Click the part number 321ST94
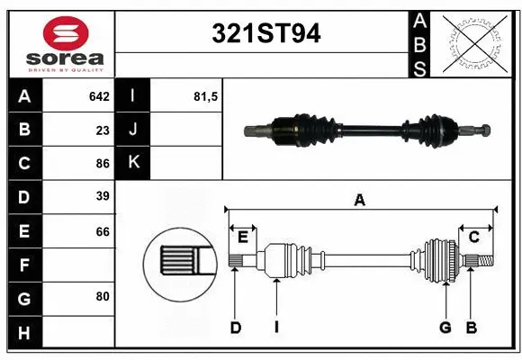point(265,34)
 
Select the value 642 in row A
point(98,96)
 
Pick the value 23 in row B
point(102,130)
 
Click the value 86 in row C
point(102,164)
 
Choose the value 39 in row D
point(102,196)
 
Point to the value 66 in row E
point(102,231)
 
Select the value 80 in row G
point(102,294)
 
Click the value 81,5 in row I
point(206,96)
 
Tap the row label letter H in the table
point(24,334)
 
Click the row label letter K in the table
point(133,163)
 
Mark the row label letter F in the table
point(24,265)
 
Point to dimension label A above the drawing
point(360,201)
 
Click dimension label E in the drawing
point(242,237)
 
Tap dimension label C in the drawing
point(473,237)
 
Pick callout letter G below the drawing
point(445,328)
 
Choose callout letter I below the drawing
point(276,328)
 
